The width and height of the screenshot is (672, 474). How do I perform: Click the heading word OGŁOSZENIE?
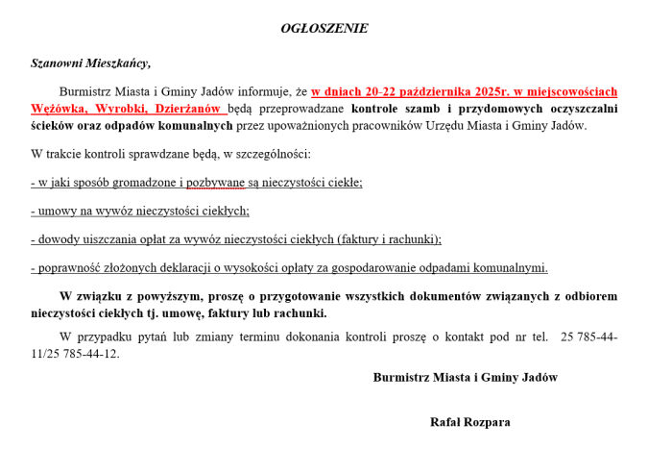click(x=324, y=28)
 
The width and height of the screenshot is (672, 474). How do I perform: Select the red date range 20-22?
click(x=383, y=92)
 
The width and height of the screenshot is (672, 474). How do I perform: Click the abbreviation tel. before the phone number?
click(x=539, y=337)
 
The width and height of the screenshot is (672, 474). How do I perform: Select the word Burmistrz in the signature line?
click(x=398, y=378)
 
